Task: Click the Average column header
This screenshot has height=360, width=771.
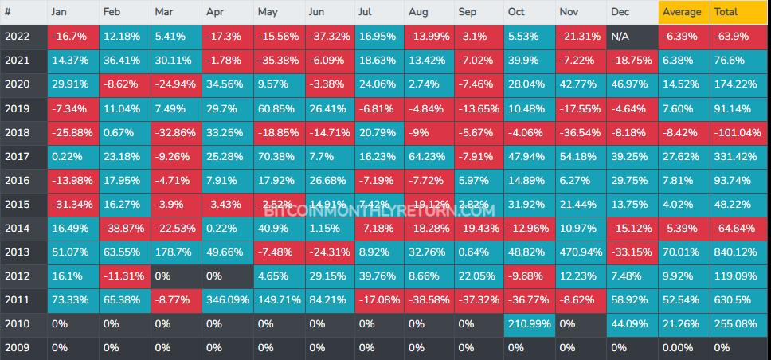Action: coord(683,12)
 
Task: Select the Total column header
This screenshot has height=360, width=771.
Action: coord(739,12)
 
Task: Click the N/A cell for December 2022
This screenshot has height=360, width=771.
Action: coord(632,37)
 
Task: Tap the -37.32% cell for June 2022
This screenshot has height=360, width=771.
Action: coord(329,37)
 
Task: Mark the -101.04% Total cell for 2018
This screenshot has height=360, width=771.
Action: coord(739,133)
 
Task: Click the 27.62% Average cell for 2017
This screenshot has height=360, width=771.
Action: coord(683,158)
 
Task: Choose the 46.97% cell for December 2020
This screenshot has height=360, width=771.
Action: coord(632,85)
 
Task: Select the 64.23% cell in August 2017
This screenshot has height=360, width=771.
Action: coord(429,158)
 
